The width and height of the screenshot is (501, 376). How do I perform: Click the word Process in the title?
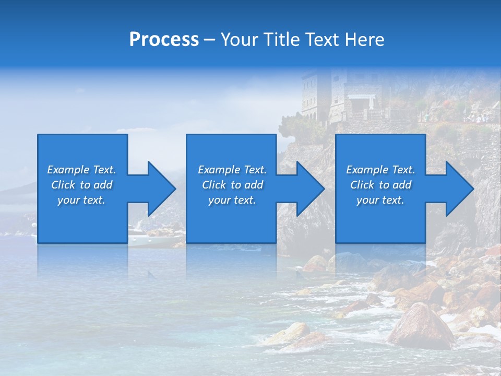(x=164, y=40)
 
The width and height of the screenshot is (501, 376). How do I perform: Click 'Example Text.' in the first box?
(x=81, y=170)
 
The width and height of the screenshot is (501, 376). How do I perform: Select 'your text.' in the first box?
(x=81, y=200)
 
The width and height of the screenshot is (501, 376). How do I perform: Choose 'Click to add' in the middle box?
(x=232, y=185)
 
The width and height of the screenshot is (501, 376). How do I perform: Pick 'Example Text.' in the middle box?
(x=232, y=170)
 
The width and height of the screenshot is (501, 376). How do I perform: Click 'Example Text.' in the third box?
(x=380, y=170)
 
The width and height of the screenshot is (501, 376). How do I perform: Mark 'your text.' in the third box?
(x=380, y=200)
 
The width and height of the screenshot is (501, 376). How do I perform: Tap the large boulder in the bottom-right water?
(x=420, y=326)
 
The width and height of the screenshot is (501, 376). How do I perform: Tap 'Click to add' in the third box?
(x=380, y=185)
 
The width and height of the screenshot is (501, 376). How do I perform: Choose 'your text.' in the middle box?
(x=232, y=200)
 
